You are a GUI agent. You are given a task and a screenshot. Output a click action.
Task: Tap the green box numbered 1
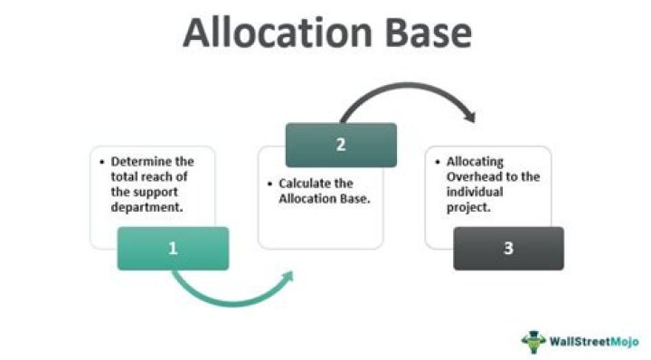(x=173, y=248)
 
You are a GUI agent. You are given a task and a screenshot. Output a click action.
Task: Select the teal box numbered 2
(x=341, y=145)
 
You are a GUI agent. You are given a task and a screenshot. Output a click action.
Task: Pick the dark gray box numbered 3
(x=508, y=248)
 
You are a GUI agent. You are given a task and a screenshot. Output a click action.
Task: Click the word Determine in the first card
(x=146, y=161)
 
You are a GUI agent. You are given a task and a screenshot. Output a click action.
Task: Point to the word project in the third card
(x=467, y=207)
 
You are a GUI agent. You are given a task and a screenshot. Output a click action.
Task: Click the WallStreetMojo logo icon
(x=533, y=342)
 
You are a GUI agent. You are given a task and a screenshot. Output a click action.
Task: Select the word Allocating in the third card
(x=475, y=161)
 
